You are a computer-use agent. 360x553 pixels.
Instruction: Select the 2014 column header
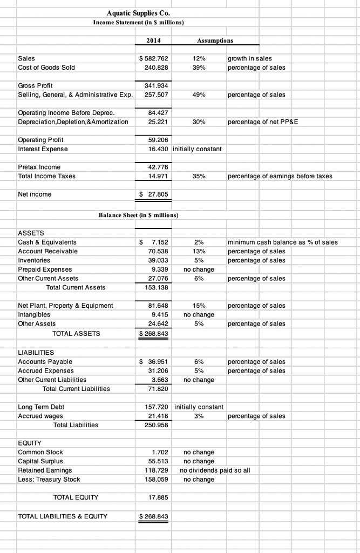(x=153, y=40)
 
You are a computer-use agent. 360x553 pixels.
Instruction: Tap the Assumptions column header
(x=215, y=40)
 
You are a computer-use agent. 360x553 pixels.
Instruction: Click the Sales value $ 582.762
(x=154, y=58)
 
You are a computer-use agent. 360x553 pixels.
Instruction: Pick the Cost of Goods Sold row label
(x=46, y=68)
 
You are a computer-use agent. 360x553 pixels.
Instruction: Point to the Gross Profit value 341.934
(x=157, y=85)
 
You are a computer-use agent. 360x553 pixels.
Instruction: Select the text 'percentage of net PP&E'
(x=263, y=122)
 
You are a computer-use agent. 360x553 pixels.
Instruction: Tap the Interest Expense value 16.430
(x=157, y=149)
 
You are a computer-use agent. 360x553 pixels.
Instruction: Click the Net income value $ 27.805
(x=154, y=194)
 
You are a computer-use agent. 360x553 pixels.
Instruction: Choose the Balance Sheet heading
(x=138, y=216)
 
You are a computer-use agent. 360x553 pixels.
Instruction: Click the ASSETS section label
(x=31, y=233)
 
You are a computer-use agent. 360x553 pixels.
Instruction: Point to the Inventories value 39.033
(x=158, y=260)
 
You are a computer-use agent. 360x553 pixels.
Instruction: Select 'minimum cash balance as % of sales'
(x=283, y=242)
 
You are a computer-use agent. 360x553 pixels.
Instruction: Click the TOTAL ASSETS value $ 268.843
(x=154, y=333)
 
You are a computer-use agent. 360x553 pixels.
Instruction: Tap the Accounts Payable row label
(x=45, y=361)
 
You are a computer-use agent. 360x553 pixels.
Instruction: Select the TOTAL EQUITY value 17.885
(x=158, y=497)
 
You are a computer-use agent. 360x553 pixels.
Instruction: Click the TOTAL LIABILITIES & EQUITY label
(x=63, y=516)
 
